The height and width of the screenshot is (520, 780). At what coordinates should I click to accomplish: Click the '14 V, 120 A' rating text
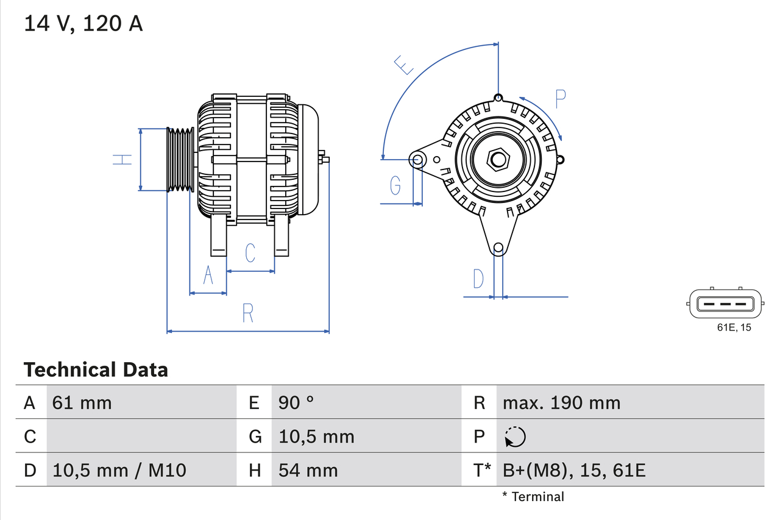pos(83,24)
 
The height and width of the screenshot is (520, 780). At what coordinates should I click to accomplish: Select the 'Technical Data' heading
pos(95,370)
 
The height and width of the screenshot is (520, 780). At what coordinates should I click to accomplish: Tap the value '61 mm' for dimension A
pos(82,402)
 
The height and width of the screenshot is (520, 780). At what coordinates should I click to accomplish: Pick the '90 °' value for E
pos(296,402)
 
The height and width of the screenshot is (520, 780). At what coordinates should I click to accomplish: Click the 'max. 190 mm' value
pos(561,402)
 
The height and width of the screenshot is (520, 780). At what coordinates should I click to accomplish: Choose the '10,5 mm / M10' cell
pos(119,470)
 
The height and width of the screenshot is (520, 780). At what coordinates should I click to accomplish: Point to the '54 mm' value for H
pos(308,470)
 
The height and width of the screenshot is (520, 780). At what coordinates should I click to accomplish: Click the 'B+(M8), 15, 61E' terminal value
pos(573,470)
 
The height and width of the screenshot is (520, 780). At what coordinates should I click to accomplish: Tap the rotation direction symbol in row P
pos(515,436)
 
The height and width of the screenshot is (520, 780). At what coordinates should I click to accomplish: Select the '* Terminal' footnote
pos(533,497)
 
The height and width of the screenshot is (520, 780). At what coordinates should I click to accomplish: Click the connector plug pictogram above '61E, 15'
pos(725,303)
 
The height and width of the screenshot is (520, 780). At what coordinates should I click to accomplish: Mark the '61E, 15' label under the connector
pos(734,328)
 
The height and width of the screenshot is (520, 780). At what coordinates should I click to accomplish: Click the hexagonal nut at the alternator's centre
pos(498,160)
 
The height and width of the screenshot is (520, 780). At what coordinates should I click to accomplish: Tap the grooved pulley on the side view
pos(180,160)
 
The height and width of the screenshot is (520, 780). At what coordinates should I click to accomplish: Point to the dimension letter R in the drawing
pos(247,313)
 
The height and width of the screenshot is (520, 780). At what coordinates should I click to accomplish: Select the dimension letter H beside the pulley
pos(122,160)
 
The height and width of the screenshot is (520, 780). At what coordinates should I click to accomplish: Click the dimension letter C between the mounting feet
pos(250,253)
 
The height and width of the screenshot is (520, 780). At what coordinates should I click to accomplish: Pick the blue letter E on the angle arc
pos(403,65)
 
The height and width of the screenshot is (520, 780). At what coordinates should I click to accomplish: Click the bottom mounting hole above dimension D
pos(498,248)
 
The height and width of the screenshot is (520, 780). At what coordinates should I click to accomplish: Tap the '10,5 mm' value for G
pos(316,436)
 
